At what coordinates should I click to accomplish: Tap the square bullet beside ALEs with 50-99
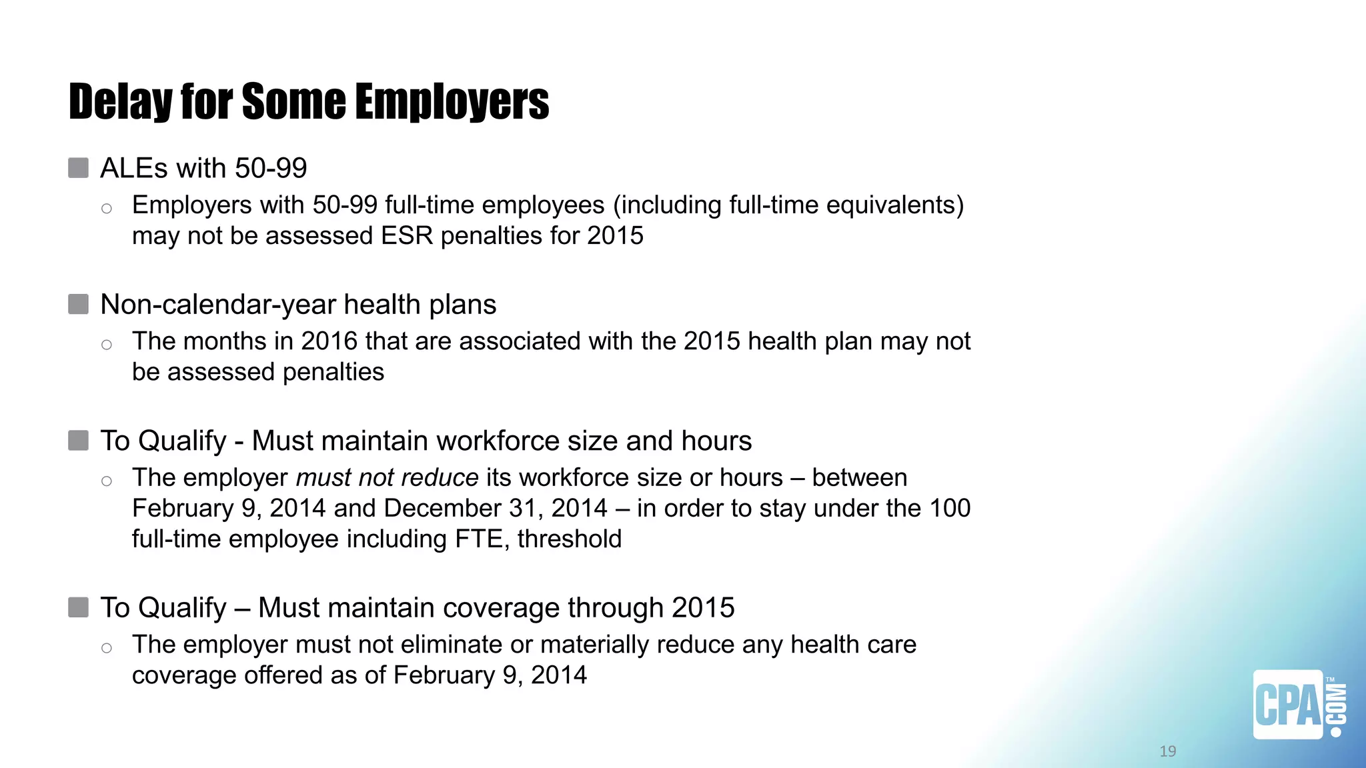click(79, 168)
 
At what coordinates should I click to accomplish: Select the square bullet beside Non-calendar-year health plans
click(79, 305)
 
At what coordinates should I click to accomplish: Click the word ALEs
click(133, 168)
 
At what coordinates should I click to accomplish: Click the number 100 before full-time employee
click(950, 509)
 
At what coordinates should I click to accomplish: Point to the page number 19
click(1167, 751)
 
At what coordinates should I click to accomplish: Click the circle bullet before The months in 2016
click(107, 345)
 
